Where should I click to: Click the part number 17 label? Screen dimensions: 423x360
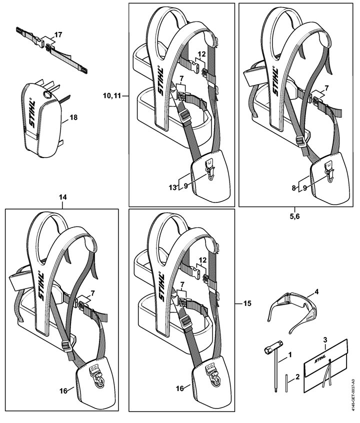tap(58, 34)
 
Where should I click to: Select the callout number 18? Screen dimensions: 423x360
tap(73, 117)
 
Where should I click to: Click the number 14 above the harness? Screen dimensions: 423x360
tap(62, 197)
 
